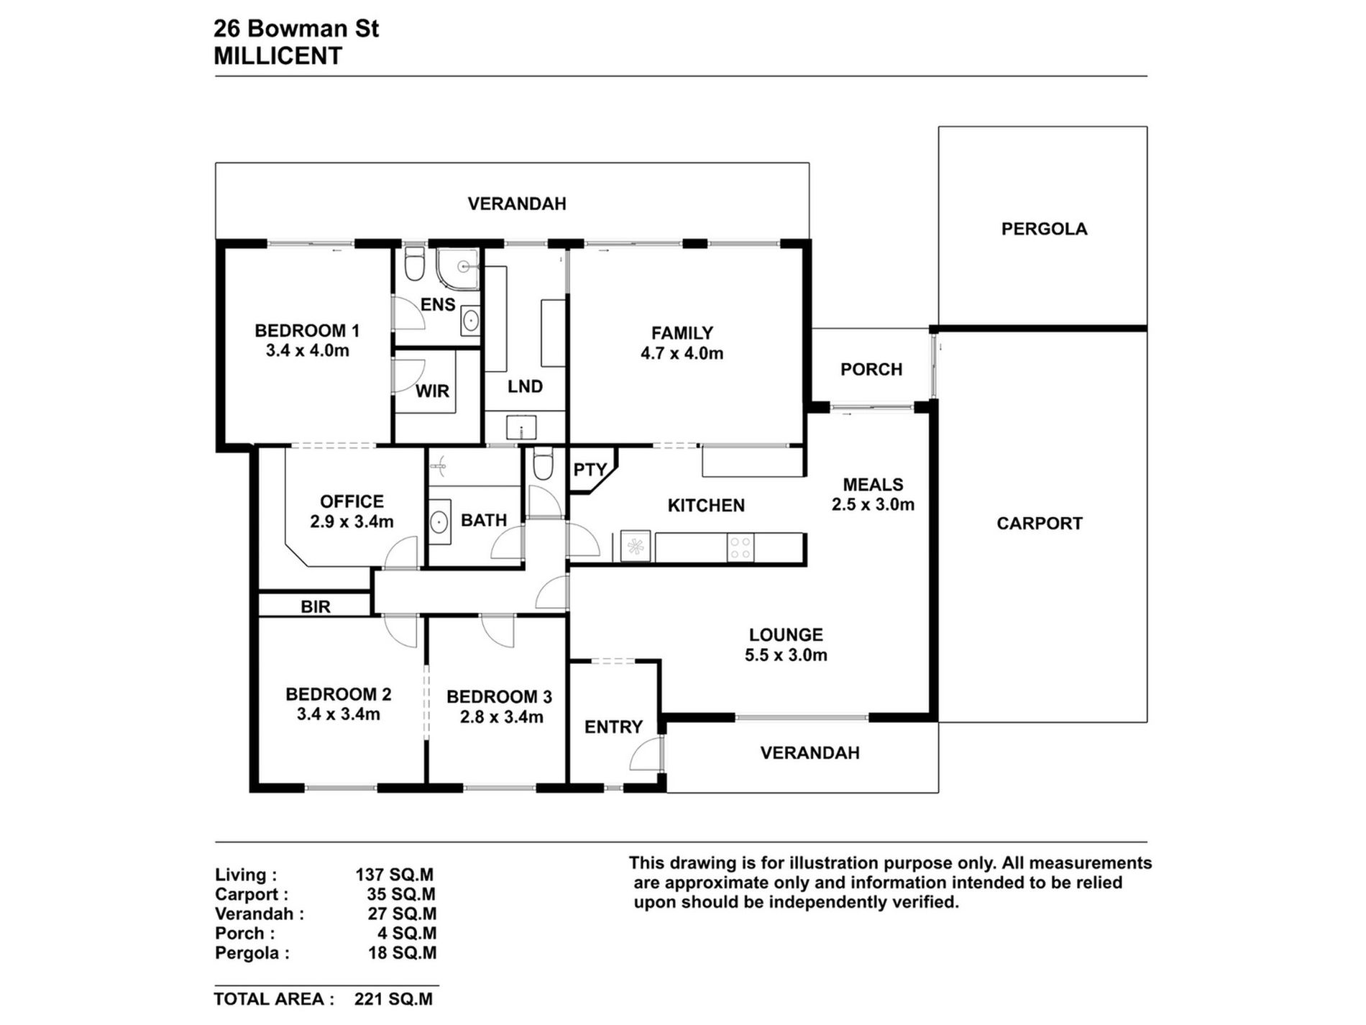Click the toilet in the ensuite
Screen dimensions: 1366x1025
pos(415,264)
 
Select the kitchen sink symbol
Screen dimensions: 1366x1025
pos(635,547)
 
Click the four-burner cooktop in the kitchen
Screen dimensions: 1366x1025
pos(741,547)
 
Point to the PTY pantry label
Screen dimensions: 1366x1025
pos(590,470)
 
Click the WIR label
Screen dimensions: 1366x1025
pos(432,391)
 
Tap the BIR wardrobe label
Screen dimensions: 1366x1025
pos(316,607)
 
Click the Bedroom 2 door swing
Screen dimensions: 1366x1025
pos(400,631)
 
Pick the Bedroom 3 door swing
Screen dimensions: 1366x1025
pos(498,631)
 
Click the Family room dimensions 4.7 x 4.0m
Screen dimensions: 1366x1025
pos(682,353)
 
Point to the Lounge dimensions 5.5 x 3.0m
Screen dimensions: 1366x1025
pos(786,655)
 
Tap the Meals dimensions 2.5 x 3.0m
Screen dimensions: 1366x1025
pos(873,505)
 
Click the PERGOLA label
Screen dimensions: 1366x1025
pos(1044,229)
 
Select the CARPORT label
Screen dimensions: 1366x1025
pos(1040,524)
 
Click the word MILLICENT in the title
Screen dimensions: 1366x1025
pos(278,56)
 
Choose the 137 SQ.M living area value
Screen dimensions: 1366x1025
pos(394,875)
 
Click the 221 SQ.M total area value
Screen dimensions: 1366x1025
pos(394,999)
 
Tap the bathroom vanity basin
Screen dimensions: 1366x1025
pos(439,521)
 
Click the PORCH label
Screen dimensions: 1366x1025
pos(871,370)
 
